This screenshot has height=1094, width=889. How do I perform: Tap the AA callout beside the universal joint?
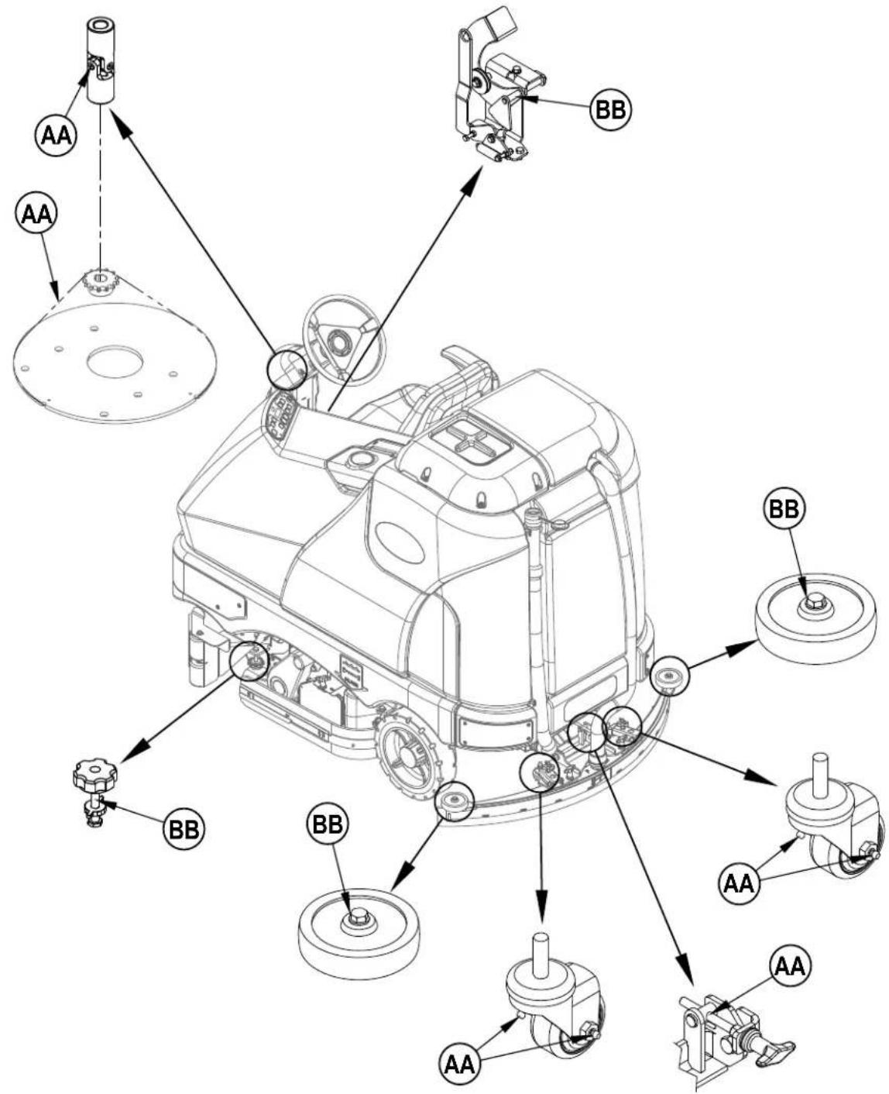[56, 136]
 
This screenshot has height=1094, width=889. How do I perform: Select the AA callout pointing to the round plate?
[37, 215]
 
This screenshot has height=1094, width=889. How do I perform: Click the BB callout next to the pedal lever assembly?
[609, 109]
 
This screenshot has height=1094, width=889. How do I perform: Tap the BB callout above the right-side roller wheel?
[784, 509]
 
